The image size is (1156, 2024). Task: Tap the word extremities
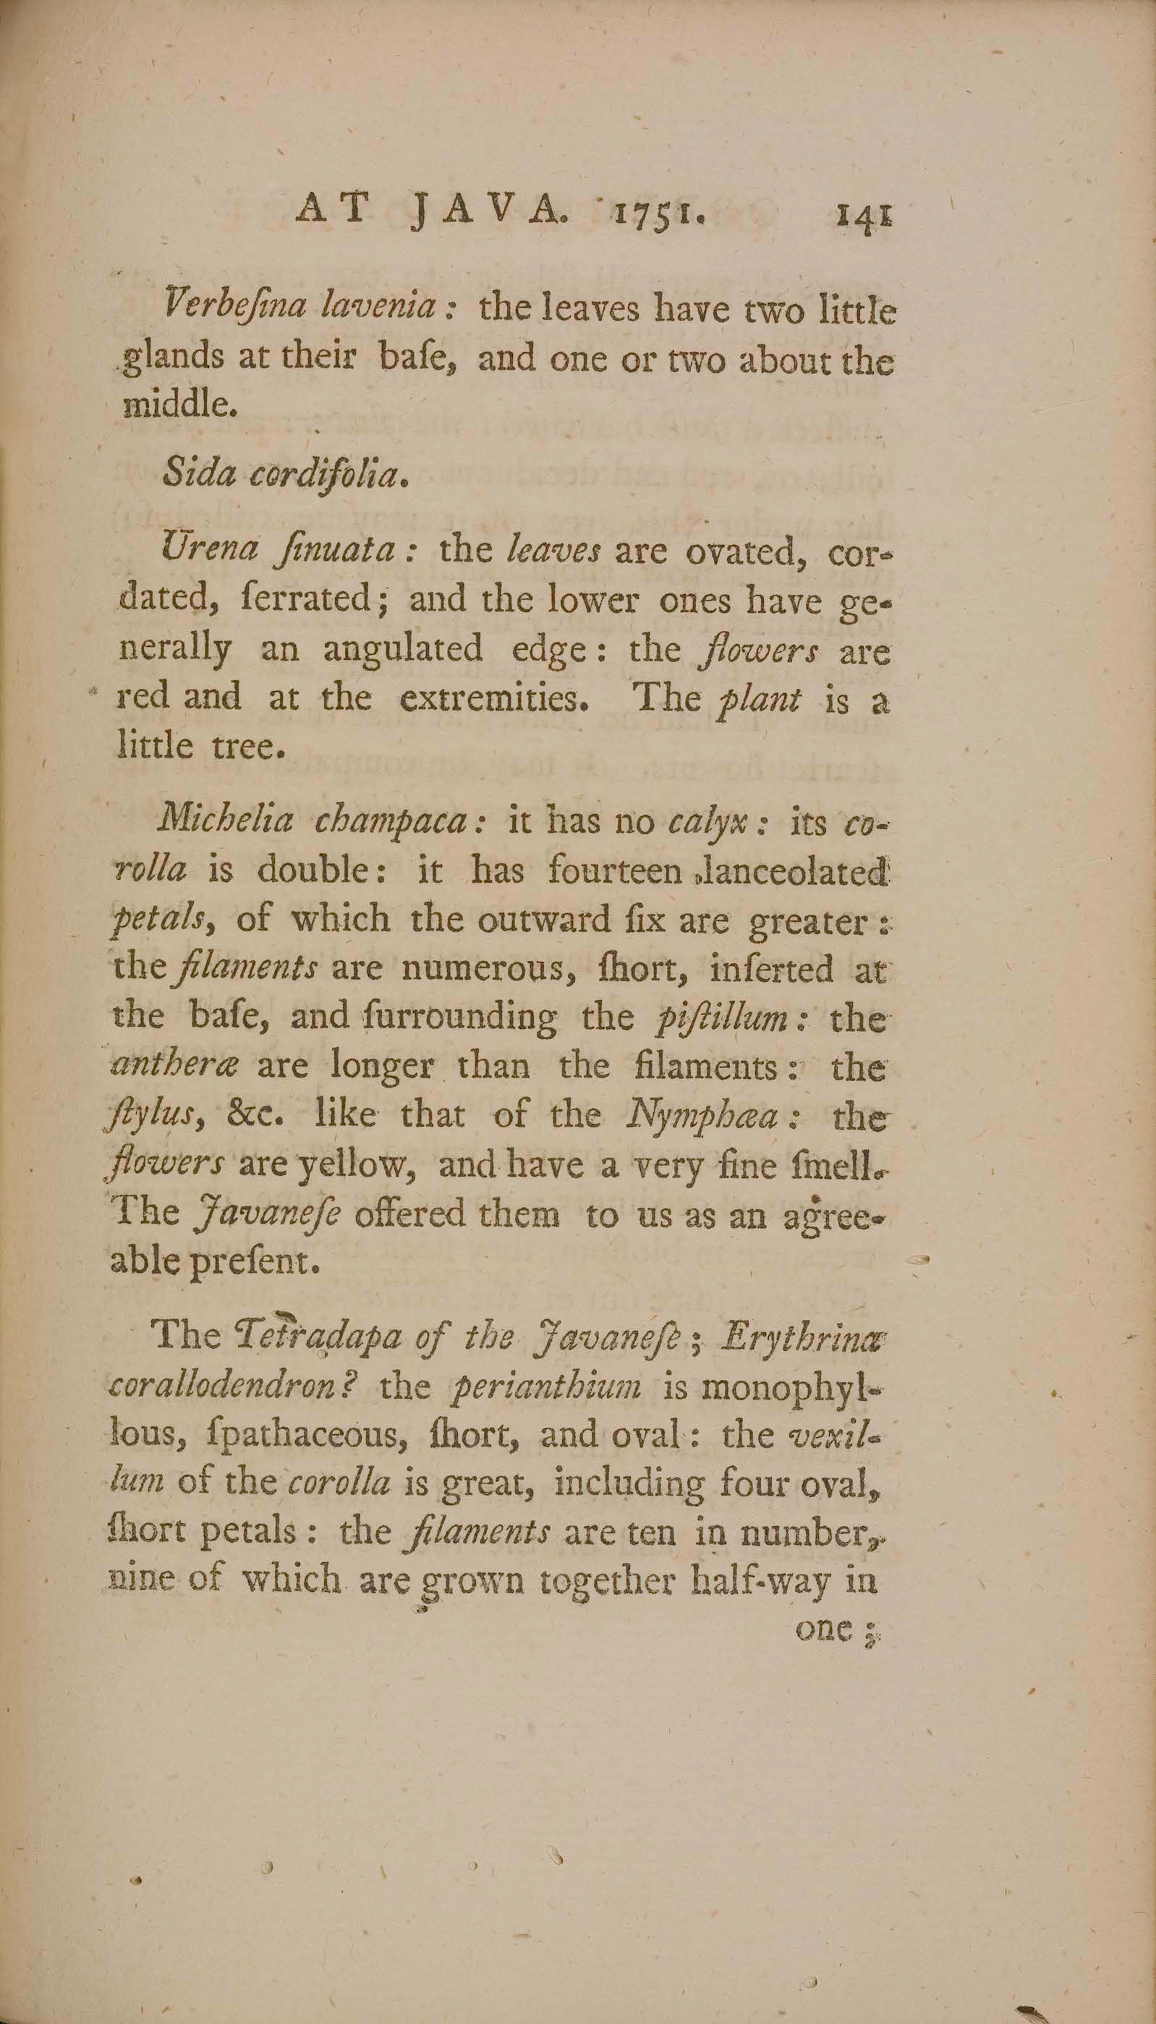tap(492, 698)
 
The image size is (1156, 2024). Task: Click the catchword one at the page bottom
tap(823, 1630)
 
